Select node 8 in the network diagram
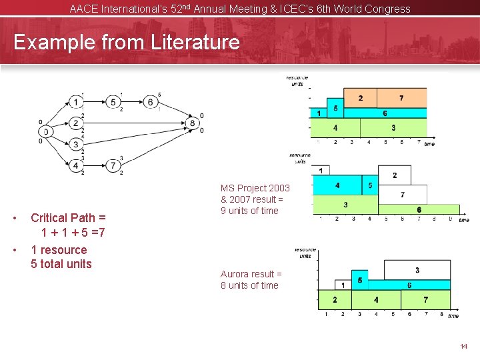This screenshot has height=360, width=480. tap(192, 123)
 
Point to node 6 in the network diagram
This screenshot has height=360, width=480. tap(151, 102)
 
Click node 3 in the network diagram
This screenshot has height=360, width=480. tap(77, 144)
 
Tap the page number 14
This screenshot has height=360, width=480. tap(464, 347)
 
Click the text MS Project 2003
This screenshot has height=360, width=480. tap(255, 188)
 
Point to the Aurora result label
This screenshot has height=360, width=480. tap(251, 274)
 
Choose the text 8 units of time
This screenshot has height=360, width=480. tap(249, 285)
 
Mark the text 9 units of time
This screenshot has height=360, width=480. tap(249, 211)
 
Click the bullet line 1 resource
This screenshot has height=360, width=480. tap(59, 250)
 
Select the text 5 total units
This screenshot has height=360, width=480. tap(61, 263)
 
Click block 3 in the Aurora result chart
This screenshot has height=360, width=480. tap(417, 270)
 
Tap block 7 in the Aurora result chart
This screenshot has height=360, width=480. tap(425, 299)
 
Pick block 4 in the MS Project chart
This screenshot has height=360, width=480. tap(338, 185)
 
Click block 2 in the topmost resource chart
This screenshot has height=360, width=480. tap(360, 98)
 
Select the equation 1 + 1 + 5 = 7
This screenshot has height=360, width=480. tap(73, 233)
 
